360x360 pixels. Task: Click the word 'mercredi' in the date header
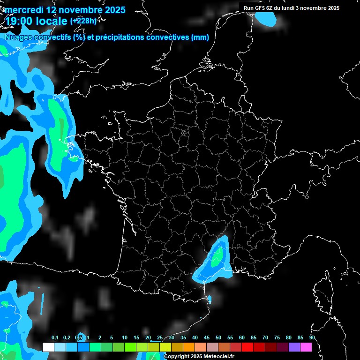tap(22, 10)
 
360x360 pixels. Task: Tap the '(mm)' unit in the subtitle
tap(200, 37)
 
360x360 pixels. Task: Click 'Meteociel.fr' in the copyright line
tap(218, 357)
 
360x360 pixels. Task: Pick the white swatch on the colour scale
tap(48, 347)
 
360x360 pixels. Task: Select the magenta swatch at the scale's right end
tap(306, 347)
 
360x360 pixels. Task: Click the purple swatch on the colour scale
tap(294, 347)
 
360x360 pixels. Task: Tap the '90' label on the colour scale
tap(312, 338)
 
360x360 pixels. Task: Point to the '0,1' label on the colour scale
tap(55, 338)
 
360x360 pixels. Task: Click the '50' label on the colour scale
tap(218, 338)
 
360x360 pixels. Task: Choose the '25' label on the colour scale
tap(160, 338)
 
